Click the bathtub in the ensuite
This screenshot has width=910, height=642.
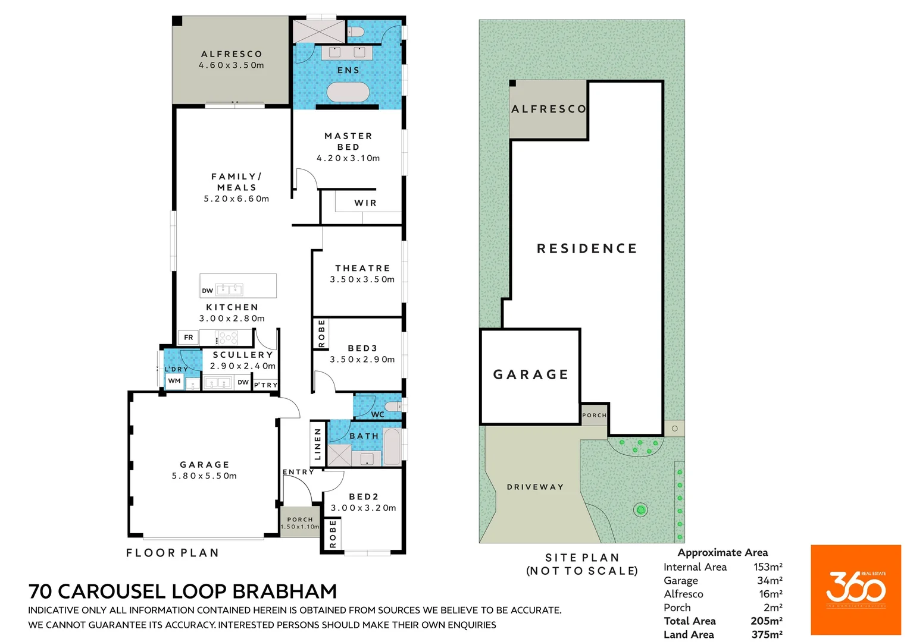point(348,92)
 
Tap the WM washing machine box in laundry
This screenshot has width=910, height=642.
point(174,381)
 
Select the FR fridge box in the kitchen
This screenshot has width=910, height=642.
point(189,338)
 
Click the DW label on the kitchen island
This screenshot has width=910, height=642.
point(207,291)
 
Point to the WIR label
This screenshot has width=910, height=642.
point(365,203)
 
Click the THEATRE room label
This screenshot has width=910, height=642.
point(362,269)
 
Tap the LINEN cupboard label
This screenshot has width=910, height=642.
point(318,443)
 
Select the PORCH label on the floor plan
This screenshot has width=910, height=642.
point(300,520)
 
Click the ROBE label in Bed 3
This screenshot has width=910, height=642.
point(322,333)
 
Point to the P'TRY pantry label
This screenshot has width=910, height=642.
point(266,385)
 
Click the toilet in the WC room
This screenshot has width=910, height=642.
point(393,407)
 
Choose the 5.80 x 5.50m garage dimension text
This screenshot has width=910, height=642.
point(204,476)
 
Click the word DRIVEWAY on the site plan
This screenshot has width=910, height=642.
point(535,487)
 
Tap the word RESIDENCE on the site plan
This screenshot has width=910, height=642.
point(587,248)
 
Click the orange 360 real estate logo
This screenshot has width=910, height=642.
point(855,590)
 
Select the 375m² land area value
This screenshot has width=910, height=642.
point(767,634)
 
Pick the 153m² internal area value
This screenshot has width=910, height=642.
point(768,567)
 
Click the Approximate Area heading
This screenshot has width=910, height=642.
point(723,552)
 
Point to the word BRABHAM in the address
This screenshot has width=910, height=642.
point(284,591)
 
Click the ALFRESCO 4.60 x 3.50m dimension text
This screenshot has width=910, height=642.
point(232,65)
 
